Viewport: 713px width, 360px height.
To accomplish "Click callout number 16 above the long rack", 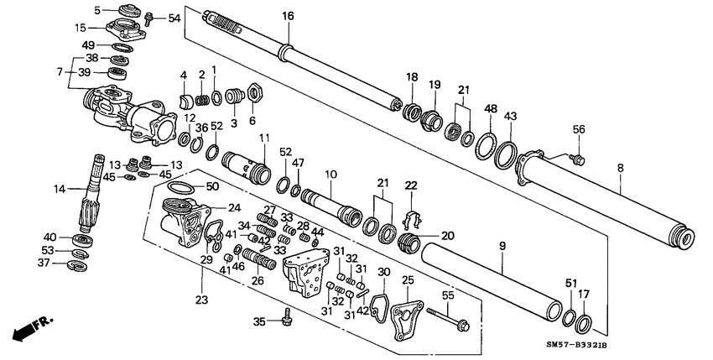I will (x=288, y=16).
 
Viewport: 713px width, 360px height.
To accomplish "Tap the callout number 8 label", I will (x=620, y=168).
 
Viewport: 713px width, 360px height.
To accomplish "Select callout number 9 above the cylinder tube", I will (x=502, y=248).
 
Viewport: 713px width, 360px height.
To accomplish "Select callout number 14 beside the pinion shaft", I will (x=60, y=190).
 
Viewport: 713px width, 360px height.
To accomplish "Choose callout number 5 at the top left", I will (x=97, y=10).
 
